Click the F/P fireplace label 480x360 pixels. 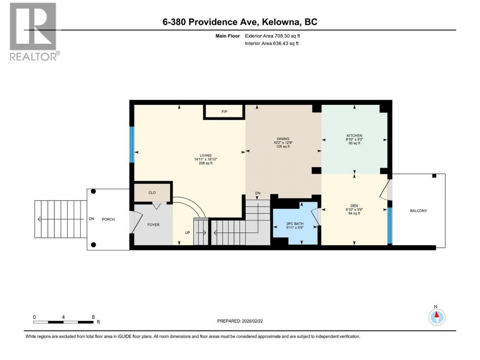coord(224,112)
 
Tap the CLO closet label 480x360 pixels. coord(152,193)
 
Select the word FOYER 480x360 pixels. coord(153,225)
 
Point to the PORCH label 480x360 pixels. coord(108,219)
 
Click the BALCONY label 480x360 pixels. coord(418,211)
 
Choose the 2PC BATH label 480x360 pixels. coord(295,224)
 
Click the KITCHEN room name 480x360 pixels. coord(354,135)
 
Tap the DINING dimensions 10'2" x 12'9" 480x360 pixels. coord(283,143)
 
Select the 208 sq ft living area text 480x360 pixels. coord(206,163)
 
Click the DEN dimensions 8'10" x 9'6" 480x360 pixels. coord(354,209)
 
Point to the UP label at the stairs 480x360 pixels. coord(187,232)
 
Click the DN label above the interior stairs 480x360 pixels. coord(258,193)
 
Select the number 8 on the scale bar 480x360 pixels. coord(93,317)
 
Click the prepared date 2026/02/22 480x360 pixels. coord(252,321)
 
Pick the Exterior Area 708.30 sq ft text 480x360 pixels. coord(272,36)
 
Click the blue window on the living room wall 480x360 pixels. coord(131,145)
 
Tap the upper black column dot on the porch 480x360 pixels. coord(94,191)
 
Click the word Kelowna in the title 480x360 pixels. coord(281,22)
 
